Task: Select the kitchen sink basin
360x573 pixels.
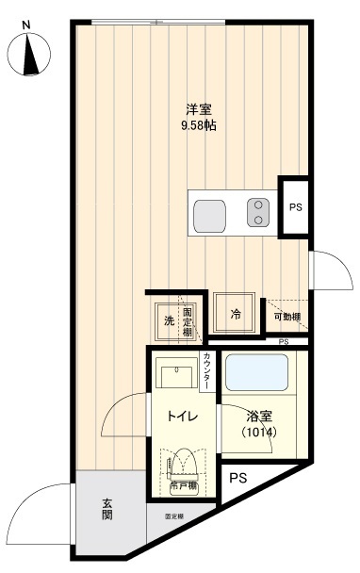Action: point(211,217)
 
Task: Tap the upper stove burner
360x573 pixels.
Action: point(256,206)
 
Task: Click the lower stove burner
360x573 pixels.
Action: point(256,221)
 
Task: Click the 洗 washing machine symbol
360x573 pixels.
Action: point(168,320)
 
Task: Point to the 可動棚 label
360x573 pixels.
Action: point(286,318)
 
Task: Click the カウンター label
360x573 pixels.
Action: point(206,370)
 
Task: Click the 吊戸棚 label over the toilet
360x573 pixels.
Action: point(183,486)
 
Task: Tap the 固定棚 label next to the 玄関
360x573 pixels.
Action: point(174,516)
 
